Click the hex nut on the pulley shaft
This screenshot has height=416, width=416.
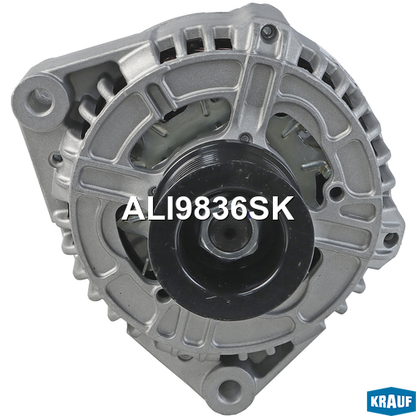coord(229,235)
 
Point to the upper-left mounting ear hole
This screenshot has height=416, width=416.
coord(39,99)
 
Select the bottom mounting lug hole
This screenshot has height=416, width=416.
coord(228,388)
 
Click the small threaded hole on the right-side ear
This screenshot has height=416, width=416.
coord(390,239)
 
